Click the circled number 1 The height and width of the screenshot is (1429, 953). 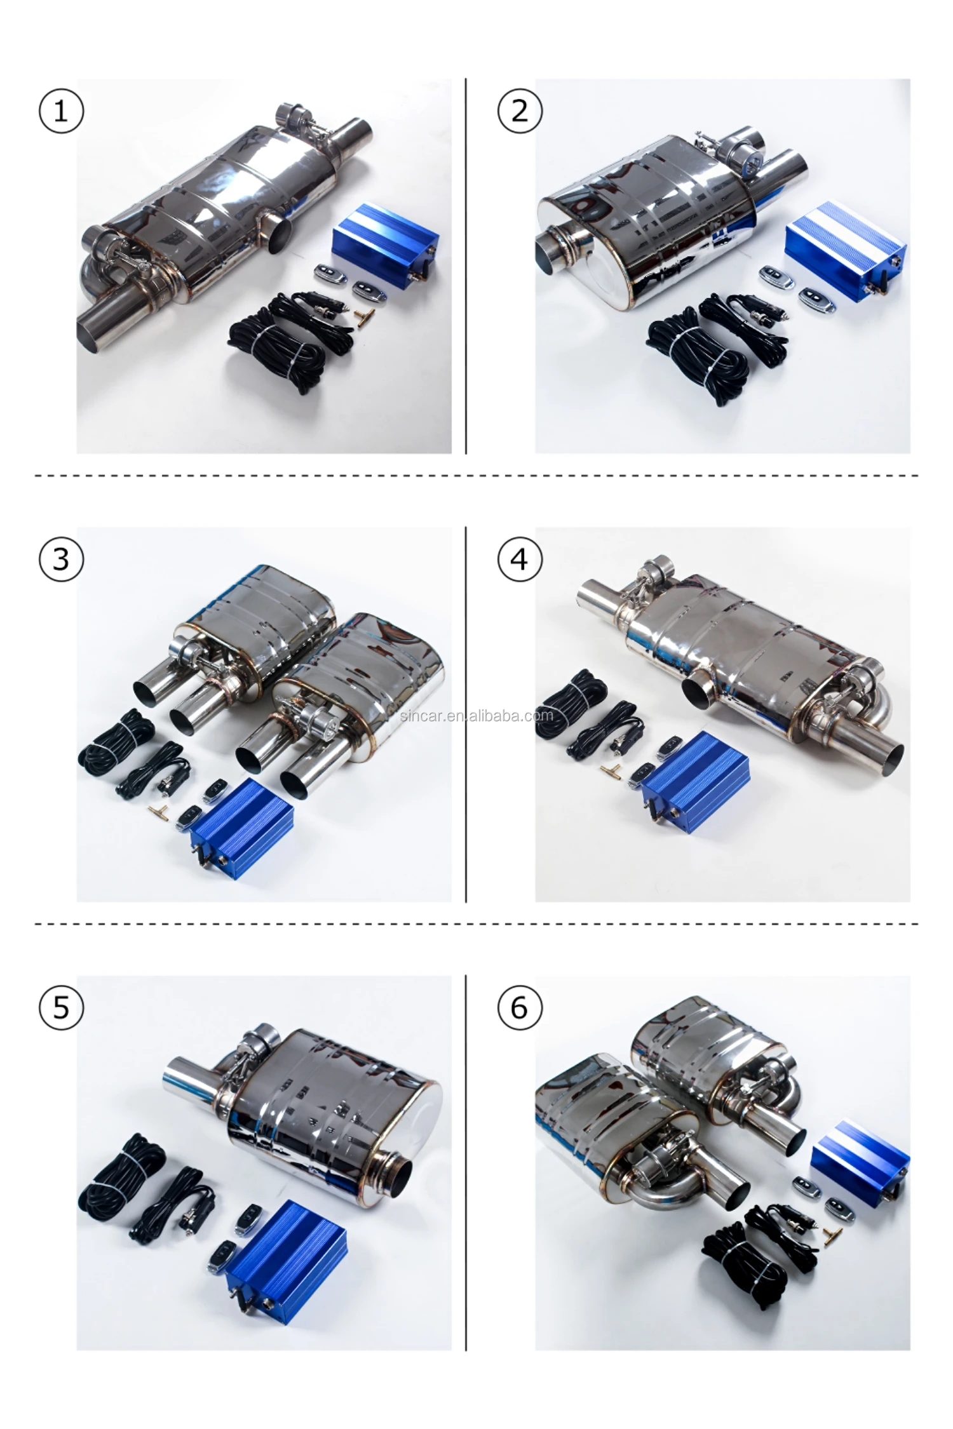click(61, 111)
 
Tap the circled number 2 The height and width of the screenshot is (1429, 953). click(520, 111)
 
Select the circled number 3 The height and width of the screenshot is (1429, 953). click(61, 559)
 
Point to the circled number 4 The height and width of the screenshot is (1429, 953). click(520, 559)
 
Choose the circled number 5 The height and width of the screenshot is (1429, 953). click(61, 1007)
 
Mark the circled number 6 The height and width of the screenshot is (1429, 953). click(520, 1007)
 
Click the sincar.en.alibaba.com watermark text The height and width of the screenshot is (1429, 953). click(476, 716)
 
